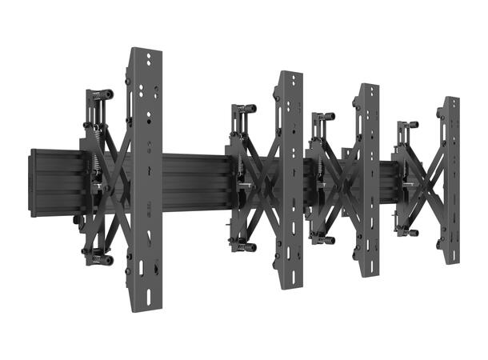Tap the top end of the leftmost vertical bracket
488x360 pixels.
(145, 54)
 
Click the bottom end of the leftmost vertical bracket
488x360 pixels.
(145, 308)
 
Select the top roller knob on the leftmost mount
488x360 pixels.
(101, 94)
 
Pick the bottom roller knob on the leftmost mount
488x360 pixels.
(99, 259)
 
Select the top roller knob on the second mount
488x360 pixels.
(244, 108)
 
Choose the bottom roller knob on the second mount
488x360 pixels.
(245, 246)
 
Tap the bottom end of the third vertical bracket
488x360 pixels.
(369, 271)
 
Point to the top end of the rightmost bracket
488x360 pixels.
(451, 101)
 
